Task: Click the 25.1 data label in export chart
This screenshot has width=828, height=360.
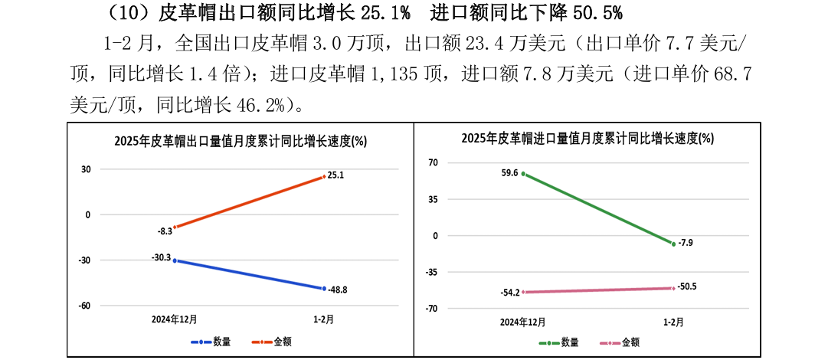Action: (x=335, y=175)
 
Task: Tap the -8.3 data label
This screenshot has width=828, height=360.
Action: (x=165, y=230)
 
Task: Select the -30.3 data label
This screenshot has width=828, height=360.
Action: (x=161, y=257)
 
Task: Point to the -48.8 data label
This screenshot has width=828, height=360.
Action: (x=338, y=290)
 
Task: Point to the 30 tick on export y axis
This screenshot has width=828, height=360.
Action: (x=86, y=169)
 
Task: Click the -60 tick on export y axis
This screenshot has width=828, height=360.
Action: (x=84, y=306)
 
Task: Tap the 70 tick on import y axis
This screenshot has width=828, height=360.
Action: (x=433, y=162)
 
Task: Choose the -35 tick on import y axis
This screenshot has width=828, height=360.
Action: (x=432, y=272)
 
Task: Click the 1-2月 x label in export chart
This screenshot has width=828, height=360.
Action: (x=322, y=319)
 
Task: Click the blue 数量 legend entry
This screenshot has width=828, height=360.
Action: (x=210, y=342)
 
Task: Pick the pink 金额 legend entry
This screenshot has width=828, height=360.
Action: (x=623, y=342)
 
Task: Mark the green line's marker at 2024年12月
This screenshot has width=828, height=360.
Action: (x=523, y=174)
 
